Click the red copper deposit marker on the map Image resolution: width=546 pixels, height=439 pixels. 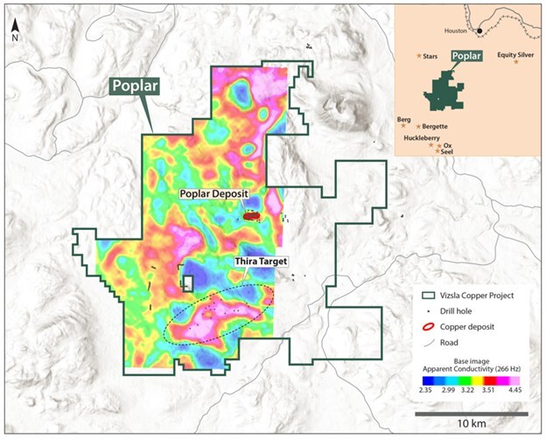pyautogui.click(x=253, y=214)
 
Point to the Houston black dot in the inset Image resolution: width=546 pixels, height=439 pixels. pyautogui.click(x=479, y=32)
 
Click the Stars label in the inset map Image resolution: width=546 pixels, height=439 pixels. pyautogui.click(x=430, y=56)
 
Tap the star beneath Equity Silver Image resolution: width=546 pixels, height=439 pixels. pyautogui.click(x=516, y=62)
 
